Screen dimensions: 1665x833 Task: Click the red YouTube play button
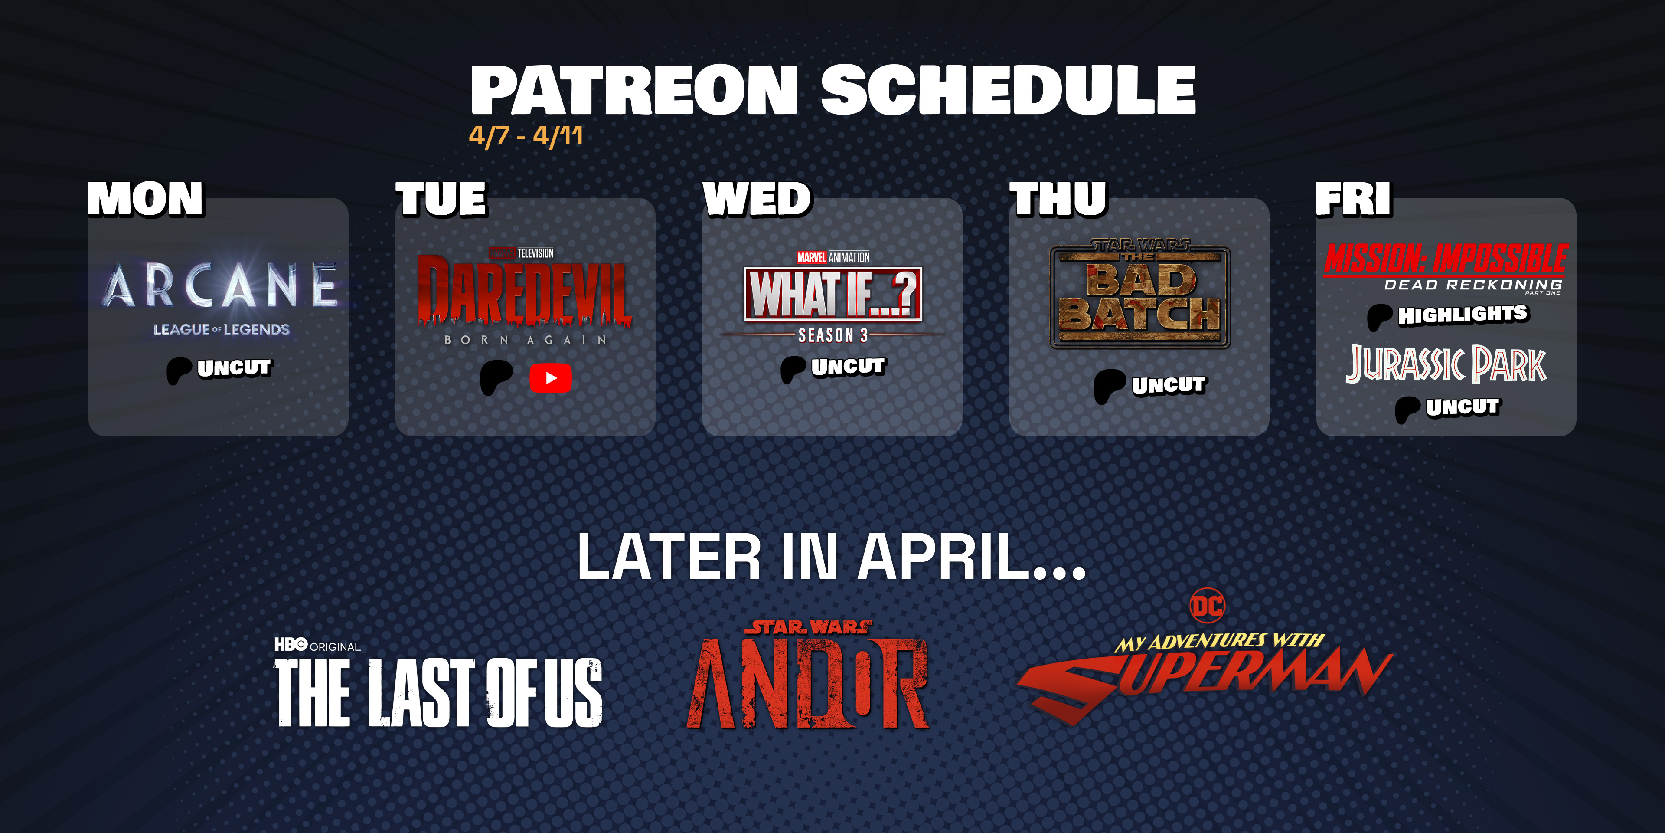pos(550,378)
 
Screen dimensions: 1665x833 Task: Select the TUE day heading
pos(441,199)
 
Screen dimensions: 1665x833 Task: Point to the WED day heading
pos(757,199)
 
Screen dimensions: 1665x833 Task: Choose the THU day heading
pos(1059,199)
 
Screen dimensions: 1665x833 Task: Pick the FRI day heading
pos(1353,199)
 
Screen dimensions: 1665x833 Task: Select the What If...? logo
pos(833,294)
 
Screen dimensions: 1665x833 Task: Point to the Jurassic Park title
pos(1446,364)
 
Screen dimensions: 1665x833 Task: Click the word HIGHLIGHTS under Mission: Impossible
pos(1463,315)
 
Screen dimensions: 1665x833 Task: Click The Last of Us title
pos(439,692)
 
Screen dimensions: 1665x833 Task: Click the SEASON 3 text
pos(832,335)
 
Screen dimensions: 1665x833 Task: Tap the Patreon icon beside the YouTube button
pos(496,378)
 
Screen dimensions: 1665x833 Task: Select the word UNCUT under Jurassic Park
pos(1462,407)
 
